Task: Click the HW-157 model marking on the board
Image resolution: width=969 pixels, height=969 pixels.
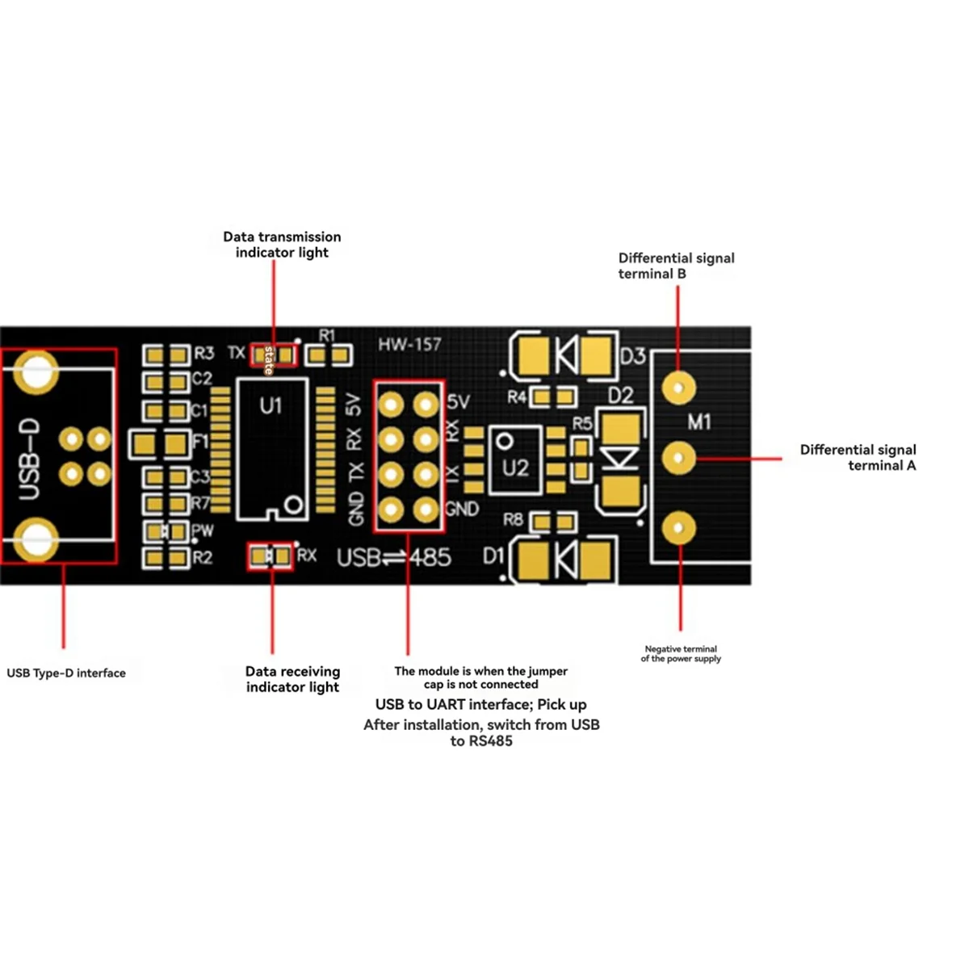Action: (x=409, y=345)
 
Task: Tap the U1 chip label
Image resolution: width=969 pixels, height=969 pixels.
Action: (x=271, y=405)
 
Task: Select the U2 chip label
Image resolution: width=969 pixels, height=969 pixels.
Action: (x=515, y=468)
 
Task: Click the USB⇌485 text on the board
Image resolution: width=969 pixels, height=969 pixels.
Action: (x=393, y=557)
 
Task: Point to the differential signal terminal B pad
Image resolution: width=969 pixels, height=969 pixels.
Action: (x=678, y=388)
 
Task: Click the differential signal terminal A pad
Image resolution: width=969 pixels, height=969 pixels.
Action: (x=678, y=458)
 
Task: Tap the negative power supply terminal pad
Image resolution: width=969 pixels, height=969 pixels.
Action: (x=678, y=528)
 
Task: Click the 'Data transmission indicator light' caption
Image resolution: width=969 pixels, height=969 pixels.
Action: (x=282, y=245)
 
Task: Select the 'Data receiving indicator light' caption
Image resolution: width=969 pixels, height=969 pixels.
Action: (x=292, y=679)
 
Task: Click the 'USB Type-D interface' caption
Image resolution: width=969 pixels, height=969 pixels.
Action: (x=66, y=673)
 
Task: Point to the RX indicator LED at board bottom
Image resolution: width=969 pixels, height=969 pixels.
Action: (x=270, y=556)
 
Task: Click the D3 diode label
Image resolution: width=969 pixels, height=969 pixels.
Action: (x=633, y=356)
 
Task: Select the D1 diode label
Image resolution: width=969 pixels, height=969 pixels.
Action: (x=493, y=556)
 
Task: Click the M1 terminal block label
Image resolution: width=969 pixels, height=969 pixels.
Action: (x=699, y=422)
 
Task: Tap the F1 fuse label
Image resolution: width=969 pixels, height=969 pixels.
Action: (x=200, y=442)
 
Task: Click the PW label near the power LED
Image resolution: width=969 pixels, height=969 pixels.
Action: (x=203, y=531)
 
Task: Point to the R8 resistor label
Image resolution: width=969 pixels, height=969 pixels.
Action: (x=513, y=519)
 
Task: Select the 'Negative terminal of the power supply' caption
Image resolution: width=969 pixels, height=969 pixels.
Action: (x=681, y=653)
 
